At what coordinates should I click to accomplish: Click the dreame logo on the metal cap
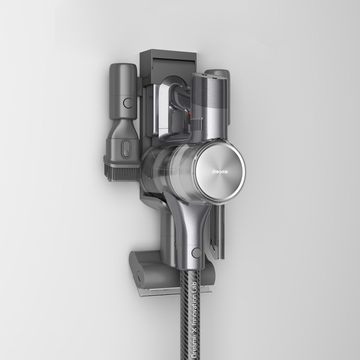[220, 172]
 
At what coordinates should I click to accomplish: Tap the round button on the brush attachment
[128, 103]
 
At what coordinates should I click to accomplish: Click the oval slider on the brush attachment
[126, 149]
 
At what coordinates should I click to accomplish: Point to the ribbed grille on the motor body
[197, 124]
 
